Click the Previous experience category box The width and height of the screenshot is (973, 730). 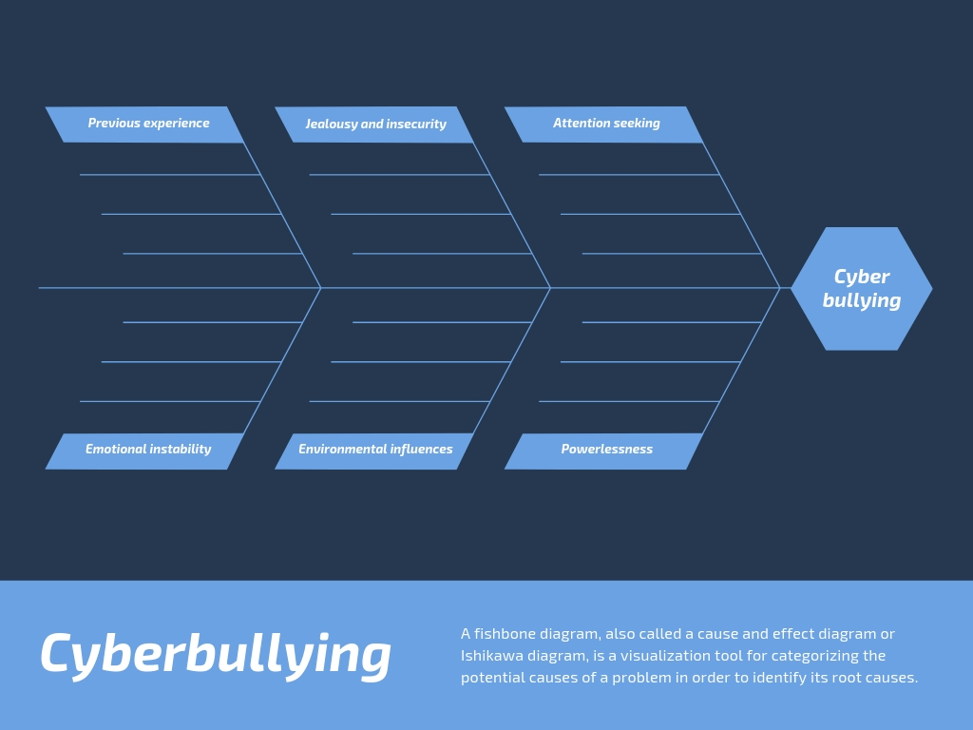144,125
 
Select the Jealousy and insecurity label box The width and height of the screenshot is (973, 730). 374,125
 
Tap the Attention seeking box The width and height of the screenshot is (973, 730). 603,125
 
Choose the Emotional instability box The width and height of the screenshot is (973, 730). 144,451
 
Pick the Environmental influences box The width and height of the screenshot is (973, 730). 374,451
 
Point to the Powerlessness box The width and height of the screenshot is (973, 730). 603,451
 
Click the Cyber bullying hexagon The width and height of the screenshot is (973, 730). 861,289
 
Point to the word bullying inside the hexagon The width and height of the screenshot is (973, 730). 861,301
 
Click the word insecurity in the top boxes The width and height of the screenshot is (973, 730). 416,125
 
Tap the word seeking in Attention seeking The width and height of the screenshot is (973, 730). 638,124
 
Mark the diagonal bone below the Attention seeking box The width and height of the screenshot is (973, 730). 741,216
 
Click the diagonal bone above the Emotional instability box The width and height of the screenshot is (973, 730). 282,360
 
